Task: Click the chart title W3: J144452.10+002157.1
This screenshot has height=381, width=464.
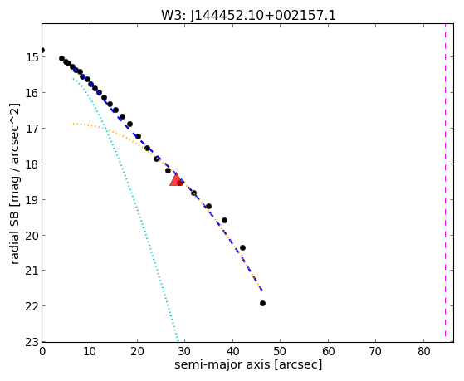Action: coord(248,15)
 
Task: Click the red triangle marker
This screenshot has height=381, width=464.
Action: coord(176,179)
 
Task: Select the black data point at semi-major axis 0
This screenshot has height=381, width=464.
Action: coord(42,51)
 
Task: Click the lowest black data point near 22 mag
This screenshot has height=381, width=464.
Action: coord(262,303)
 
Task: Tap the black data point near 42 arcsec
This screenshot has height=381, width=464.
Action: coord(242,247)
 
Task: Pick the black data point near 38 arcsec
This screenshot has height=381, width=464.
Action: coord(224,220)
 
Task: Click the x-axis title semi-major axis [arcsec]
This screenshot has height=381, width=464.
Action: coord(248,364)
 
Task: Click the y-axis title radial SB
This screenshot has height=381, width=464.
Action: coord(15,183)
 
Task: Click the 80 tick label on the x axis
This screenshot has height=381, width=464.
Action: coord(424,351)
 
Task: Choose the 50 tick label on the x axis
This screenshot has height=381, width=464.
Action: coord(281,351)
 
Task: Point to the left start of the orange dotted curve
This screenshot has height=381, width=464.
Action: coord(73,124)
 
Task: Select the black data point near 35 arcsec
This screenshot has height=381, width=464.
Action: coord(208,206)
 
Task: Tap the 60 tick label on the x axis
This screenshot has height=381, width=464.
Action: coord(328,351)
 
